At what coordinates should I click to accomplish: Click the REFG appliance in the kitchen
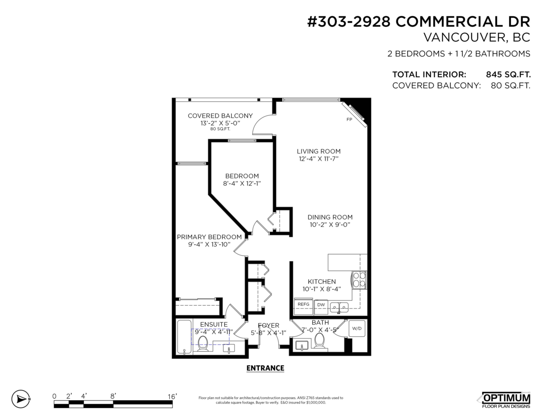point(303,306)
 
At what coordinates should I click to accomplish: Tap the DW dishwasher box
point(321,307)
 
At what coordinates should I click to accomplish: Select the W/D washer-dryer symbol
point(357,328)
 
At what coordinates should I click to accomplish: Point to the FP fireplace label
point(349,120)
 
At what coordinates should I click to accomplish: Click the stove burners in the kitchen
point(359,280)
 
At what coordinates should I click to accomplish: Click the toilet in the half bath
point(319,340)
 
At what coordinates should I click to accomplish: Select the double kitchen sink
point(339,308)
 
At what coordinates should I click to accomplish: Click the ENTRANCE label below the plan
point(265,368)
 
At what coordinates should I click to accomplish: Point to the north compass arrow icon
point(21,399)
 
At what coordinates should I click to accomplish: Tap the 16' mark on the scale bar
point(172,396)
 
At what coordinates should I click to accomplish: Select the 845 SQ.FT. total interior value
point(508,75)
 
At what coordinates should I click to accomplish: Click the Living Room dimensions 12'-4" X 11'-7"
point(319,159)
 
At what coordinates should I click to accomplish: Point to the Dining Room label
point(330,217)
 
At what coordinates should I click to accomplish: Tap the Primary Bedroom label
point(209,237)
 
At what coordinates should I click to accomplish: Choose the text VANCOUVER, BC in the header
point(477,38)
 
